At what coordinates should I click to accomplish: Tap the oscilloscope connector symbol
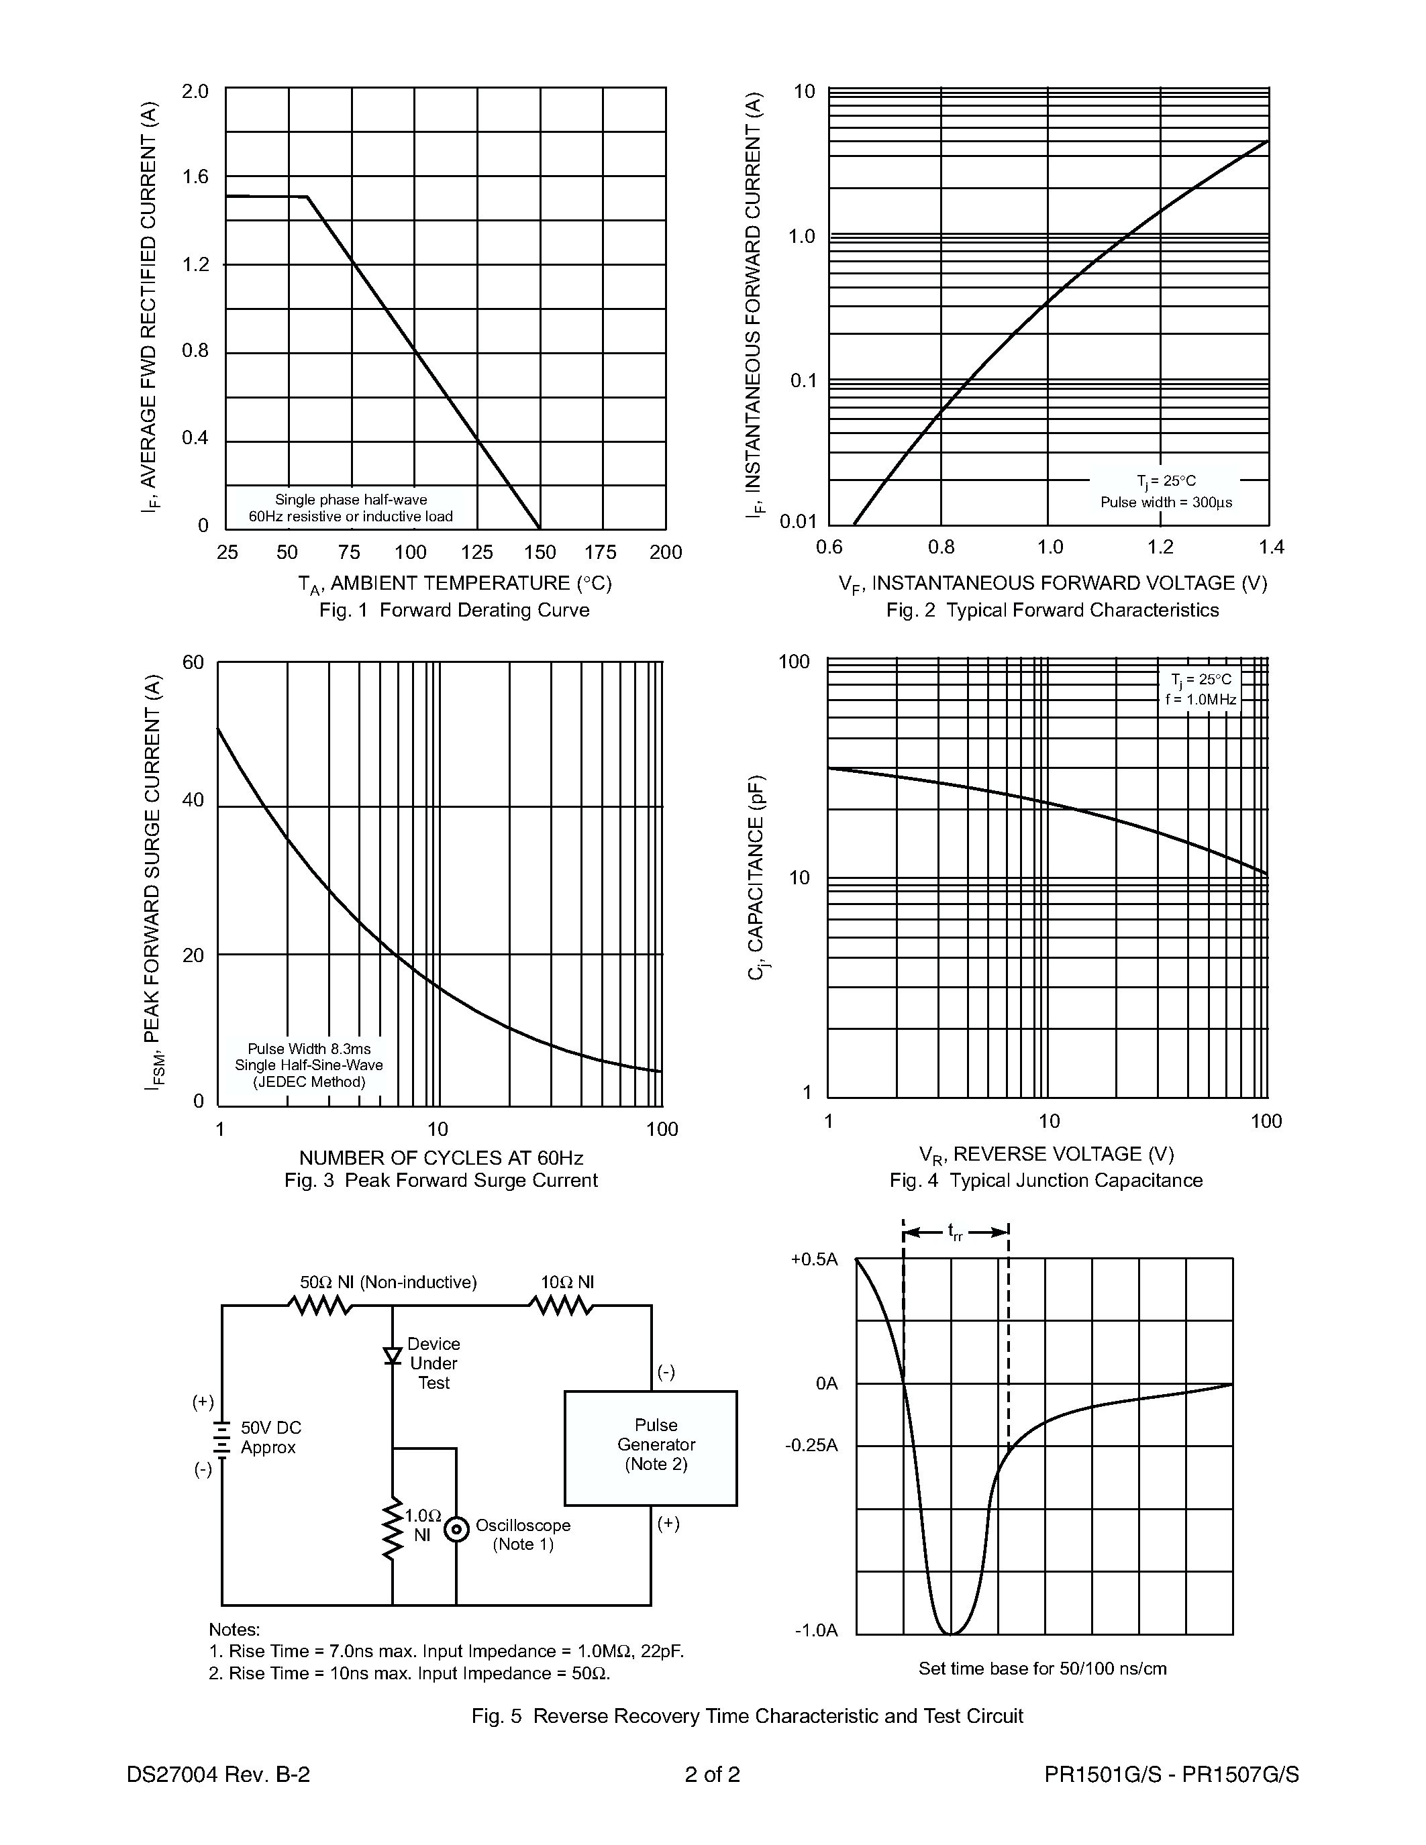point(456,1529)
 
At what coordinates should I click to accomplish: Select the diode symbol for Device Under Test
point(392,1355)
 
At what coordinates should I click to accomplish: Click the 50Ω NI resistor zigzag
point(320,1306)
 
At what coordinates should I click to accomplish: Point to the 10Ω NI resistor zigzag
point(562,1306)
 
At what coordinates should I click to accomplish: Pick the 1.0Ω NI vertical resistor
point(392,1529)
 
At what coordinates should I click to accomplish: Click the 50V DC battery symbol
point(222,1438)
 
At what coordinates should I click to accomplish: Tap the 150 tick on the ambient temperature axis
point(540,552)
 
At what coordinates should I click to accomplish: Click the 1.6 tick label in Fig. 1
point(195,176)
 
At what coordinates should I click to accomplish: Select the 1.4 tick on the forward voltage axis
point(1270,547)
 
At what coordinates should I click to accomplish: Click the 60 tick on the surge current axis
point(193,662)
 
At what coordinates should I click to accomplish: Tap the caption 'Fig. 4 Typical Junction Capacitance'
point(1046,1180)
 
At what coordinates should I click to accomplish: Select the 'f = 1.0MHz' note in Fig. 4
point(1201,700)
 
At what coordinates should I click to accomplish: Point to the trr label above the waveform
point(956,1233)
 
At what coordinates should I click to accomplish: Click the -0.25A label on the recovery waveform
point(811,1445)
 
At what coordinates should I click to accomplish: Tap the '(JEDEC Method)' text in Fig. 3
point(309,1082)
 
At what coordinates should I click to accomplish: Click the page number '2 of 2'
point(712,1774)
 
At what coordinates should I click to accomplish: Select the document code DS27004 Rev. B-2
point(218,1774)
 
